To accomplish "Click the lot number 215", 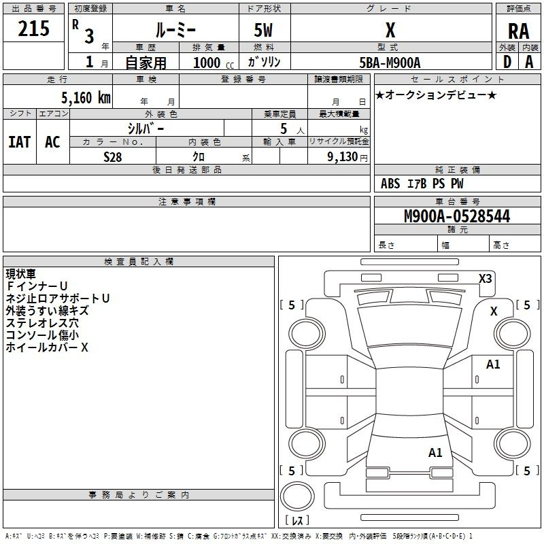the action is point(33,29).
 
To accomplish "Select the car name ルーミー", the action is point(175,30).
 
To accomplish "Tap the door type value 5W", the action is point(263,30).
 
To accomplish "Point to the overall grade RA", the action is point(518,31).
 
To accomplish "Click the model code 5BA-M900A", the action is point(390,63).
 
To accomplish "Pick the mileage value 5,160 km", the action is point(86,97).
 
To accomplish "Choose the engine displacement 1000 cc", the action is point(214,63).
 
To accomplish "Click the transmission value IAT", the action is point(20,142).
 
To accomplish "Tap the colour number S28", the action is point(112,157).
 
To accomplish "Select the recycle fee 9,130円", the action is point(347,157).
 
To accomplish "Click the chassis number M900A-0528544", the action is point(457,216).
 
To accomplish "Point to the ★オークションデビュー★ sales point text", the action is point(436,95).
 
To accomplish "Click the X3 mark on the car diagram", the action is point(485,278).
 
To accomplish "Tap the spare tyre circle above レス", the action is point(297,496).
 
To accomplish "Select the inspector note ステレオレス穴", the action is point(42,322).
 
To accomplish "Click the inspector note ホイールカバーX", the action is point(47,347).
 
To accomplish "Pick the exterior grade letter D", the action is point(507,62).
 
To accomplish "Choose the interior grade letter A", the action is point(529,62).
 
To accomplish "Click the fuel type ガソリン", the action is point(264,62).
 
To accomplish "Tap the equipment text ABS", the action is point(390,184).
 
